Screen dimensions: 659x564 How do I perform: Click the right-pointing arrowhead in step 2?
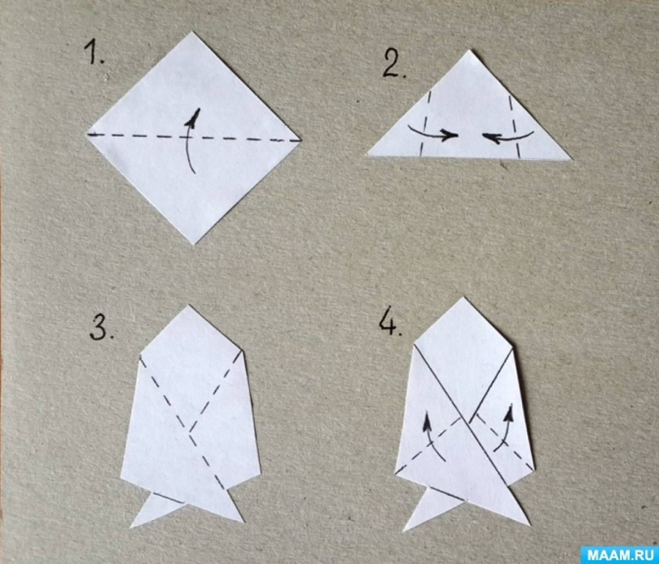pos(449,135)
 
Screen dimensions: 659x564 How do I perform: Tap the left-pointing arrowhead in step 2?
pos(491,137)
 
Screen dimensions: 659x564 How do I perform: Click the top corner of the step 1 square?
pos(191,31)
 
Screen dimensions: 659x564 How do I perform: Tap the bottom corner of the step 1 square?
pos(193,244)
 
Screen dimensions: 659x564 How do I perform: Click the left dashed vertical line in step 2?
pos(425,124)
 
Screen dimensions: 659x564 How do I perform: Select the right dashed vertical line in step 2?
pos(514,126)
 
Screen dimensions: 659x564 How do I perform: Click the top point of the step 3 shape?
pos(189,305)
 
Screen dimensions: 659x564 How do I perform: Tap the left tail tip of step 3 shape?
pos(131,527)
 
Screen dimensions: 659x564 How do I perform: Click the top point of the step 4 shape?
pos(464,297)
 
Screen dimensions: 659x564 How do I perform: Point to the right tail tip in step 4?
pos(530,525)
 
